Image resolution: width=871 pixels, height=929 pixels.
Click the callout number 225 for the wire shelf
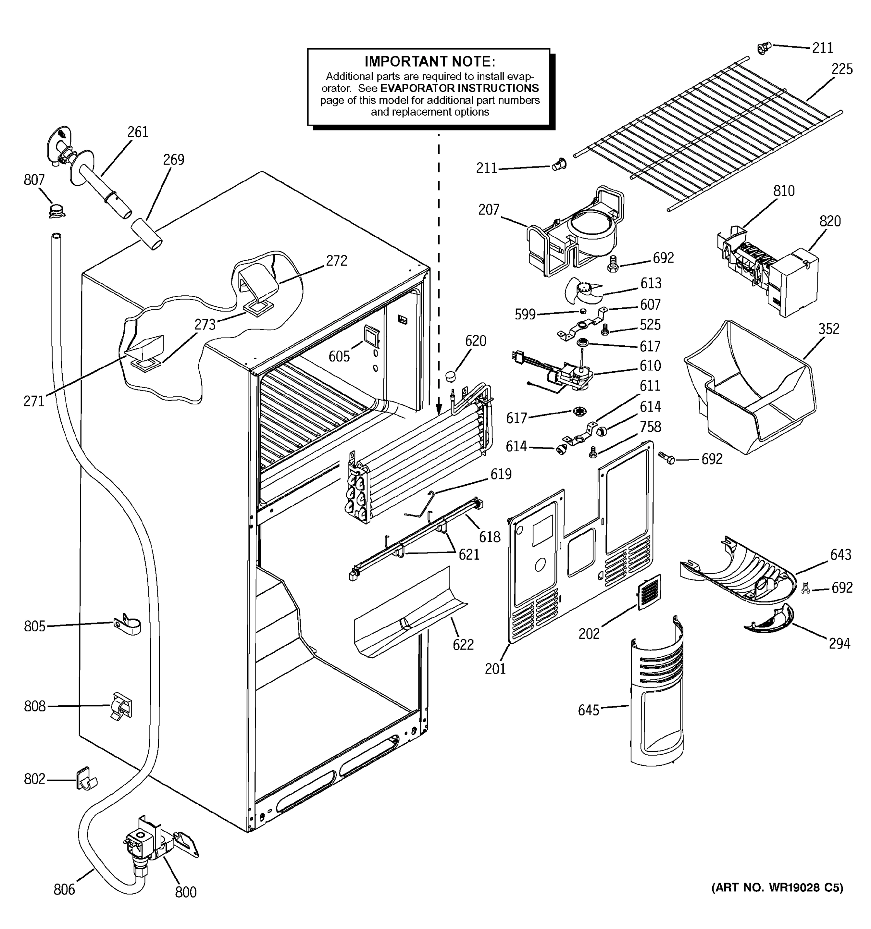point(842,69)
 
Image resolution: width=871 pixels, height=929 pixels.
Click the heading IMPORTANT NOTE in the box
point(429,62)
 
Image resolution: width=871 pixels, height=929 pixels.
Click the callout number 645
point(588,710)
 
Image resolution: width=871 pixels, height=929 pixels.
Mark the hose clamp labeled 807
point(57,211)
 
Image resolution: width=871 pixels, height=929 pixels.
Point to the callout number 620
point(475,341)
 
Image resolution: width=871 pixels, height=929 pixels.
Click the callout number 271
point(34,401)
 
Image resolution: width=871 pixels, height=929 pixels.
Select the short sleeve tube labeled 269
point(146,233)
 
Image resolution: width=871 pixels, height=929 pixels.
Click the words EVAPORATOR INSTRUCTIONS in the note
point(460,88)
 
